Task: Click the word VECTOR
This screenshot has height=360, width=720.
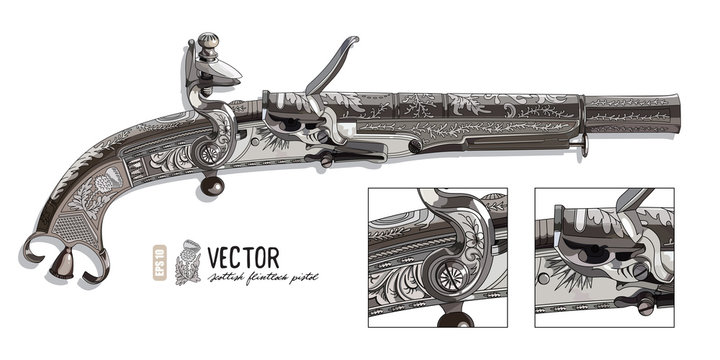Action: tap(245, 257)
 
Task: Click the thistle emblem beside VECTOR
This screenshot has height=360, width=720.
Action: tap(187, 262)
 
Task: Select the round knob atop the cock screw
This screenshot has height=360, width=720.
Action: tap(206, 42)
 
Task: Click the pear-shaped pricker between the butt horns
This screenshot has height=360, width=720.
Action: tap(63, 263)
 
